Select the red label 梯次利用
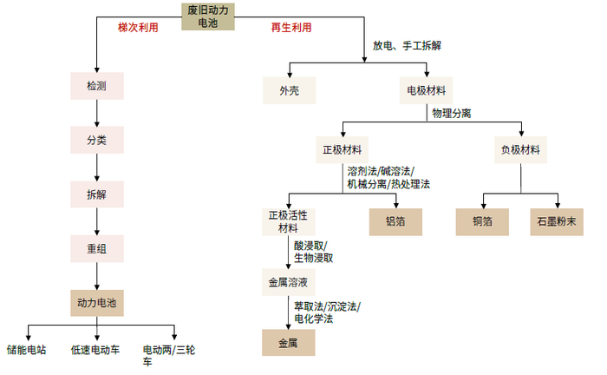pyautogui.click(x=139, y=28)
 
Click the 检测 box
pyautogui.click(x=97, y=86)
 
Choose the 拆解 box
pyautogui.click(x=97, y=194)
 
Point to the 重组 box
pyautogui.click(x=97, y=249)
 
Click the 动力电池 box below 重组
pyautogui.click(x=97, y=303)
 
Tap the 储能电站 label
pyautogui.click(x=27, y=351)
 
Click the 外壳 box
pyautogui.click(x=290, y=90)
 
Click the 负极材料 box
pyautogui.click(x=521, y=149)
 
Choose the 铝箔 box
pyautogui.click(x=396, y=222)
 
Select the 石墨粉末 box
pyautogui.click(x=558, y=222)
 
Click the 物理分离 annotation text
pyautogui.click(x=452, y=114)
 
